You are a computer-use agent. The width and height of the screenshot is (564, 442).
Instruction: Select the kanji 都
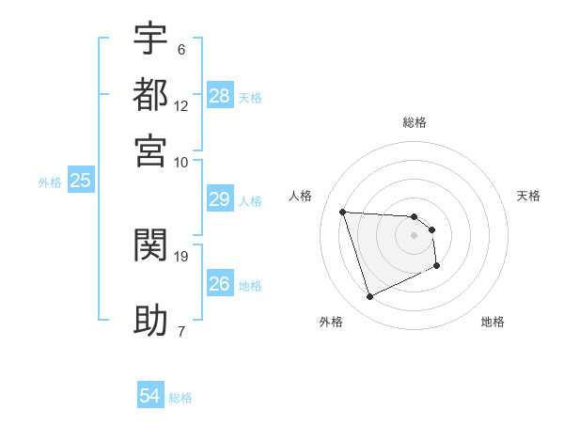point(150,94)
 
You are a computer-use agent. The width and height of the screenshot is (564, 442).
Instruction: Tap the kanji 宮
point(150,150)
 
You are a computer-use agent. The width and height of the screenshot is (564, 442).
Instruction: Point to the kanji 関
point(150,245)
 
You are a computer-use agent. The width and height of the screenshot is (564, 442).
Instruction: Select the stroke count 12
point(181,106)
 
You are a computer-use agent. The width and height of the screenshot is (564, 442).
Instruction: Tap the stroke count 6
point(181,49)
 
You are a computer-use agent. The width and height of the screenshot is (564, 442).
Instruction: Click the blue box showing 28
point(220,95)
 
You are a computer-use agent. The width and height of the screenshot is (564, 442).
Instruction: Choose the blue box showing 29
point(219,199)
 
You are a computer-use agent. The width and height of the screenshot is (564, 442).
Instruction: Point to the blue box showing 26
point(219,284)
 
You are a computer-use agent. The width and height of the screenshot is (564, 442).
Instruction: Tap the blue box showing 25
point(80,181)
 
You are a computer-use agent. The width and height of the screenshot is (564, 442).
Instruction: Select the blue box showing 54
point(149,397)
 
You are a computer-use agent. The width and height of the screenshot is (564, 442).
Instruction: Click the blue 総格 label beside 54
point(180,398)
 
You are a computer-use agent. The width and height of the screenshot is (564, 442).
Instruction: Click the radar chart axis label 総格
point(415,122)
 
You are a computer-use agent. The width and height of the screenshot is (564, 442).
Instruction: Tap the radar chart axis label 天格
point(529,196)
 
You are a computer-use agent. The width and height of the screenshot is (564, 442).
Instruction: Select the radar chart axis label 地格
point(493,322)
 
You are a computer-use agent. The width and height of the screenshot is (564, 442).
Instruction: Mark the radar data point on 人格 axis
point(343,212)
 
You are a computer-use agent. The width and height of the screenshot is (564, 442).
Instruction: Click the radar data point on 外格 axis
point(369,297)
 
